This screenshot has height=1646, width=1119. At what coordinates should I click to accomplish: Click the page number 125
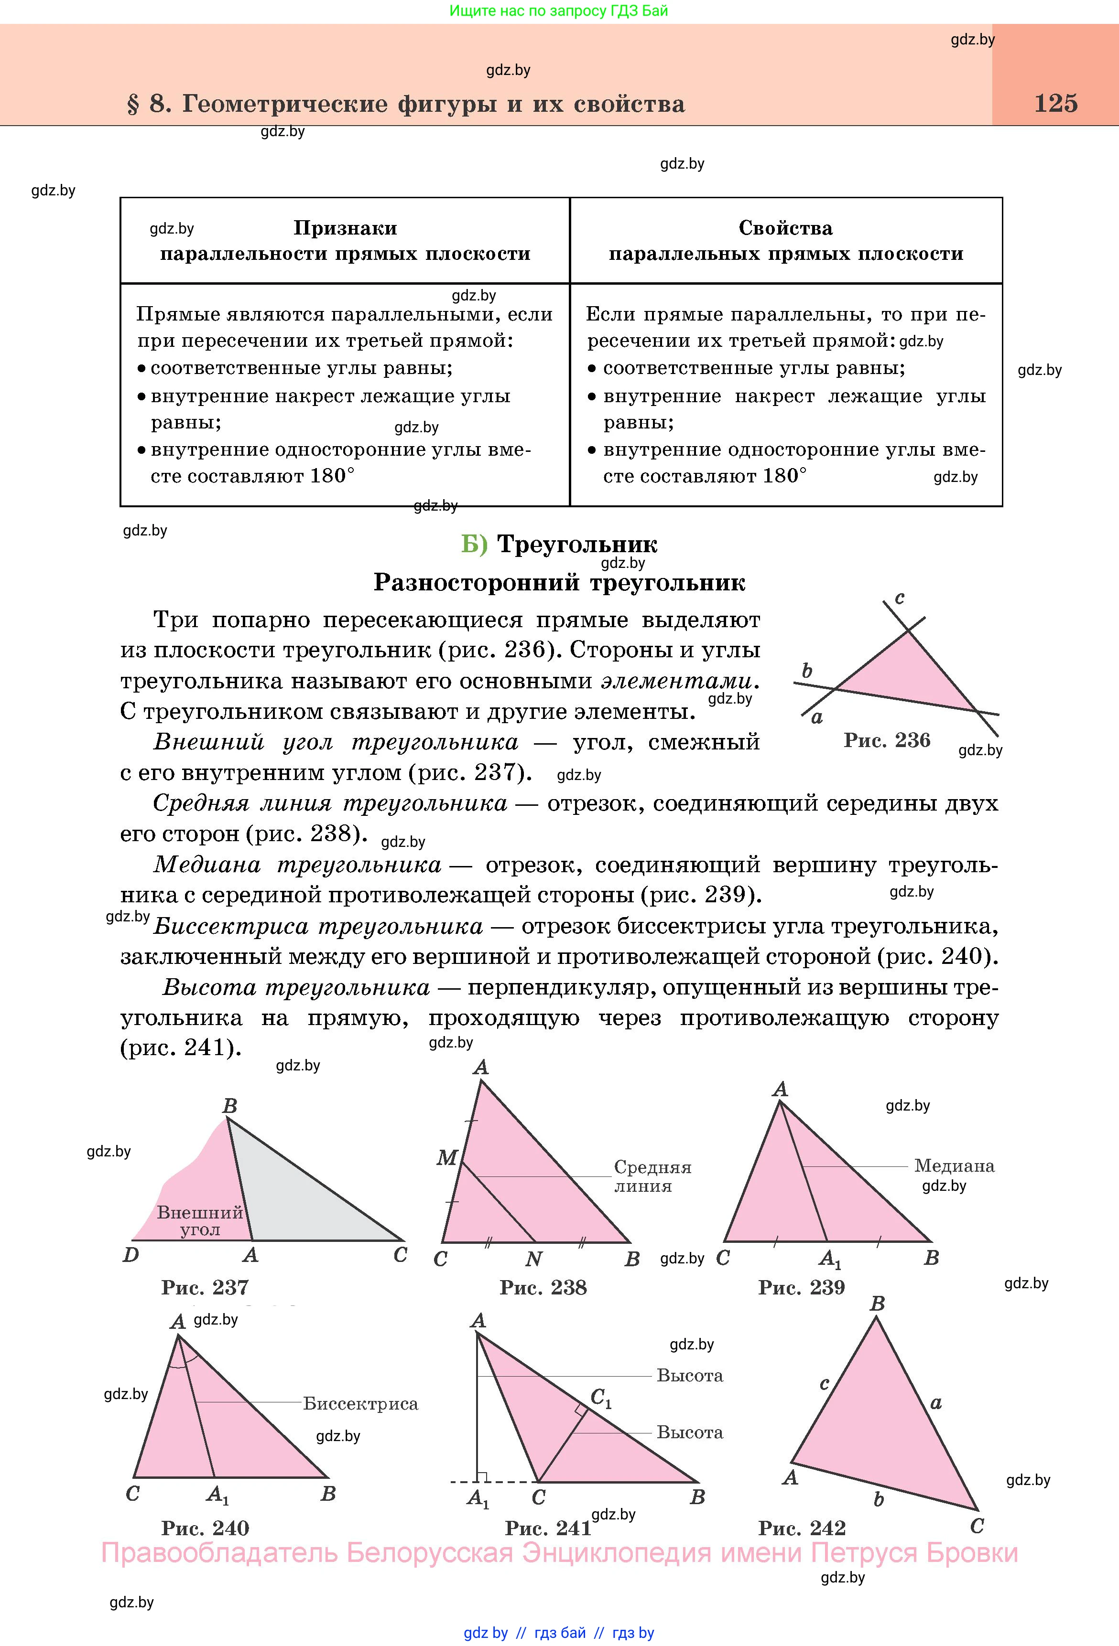pos(1055,103)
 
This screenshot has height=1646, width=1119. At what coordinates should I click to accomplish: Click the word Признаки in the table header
pos(345,228)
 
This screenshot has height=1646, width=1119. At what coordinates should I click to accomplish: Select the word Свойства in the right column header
pos(785,228)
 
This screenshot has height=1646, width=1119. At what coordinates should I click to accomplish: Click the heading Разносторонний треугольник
pos(559,582)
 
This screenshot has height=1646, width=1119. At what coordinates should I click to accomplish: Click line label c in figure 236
pos(899,598)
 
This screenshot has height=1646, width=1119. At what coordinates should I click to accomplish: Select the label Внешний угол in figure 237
pos(200,1221)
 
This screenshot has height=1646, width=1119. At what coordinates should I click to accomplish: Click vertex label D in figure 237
pos(131,1255)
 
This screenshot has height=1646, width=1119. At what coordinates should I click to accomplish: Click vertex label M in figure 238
pos(446,1158)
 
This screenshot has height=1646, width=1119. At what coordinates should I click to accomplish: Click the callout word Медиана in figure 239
pos(954,1165)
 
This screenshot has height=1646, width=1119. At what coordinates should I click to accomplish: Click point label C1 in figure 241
pos(601,1398)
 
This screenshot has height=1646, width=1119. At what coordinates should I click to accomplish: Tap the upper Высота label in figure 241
pos(690,1376)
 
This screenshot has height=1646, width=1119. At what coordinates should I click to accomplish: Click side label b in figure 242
pos(879,1499)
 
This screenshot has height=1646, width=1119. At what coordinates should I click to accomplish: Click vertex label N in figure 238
pos(533,1259)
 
